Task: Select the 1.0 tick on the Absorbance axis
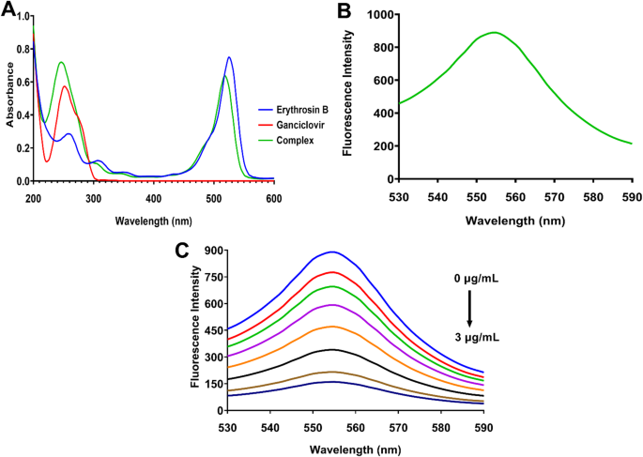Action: pos(20,17)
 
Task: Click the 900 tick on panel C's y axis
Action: pos(207,251)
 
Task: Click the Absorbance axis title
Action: pos(9,99)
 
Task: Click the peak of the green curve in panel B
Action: pos(521,33)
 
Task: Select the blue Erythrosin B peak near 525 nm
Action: pos(229,57)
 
